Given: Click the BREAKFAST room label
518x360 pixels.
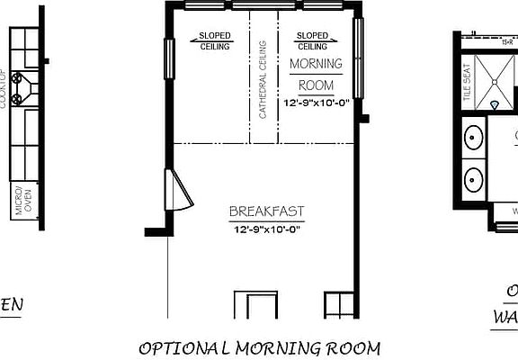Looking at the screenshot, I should (265, 212).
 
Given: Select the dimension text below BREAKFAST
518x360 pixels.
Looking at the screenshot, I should (265, 229).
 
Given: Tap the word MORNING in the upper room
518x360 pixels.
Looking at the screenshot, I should (316, 64).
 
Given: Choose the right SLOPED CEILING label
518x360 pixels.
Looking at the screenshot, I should (312, 41).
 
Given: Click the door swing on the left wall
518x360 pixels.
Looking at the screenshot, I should (177, 190).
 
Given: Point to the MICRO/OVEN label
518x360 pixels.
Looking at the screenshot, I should (18, 202).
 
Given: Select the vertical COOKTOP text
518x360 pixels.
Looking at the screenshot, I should (4, 88).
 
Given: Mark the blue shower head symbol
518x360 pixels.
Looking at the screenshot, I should (494, 105).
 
